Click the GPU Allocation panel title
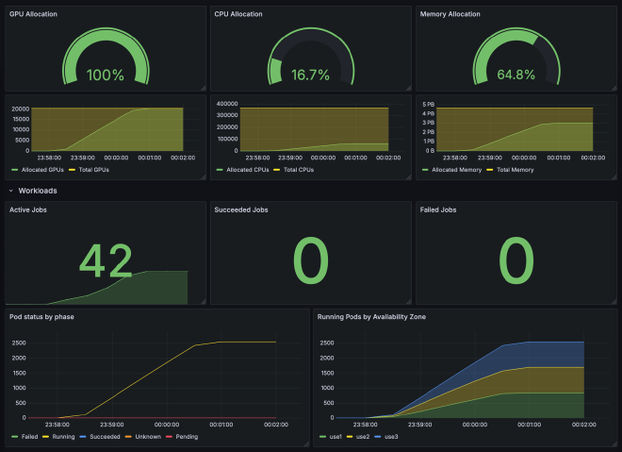34,14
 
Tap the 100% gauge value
105,75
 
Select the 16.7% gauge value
310,75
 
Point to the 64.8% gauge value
516,75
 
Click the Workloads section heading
38,191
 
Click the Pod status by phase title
41,316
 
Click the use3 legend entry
390,438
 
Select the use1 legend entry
331,438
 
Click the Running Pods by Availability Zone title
371,316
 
